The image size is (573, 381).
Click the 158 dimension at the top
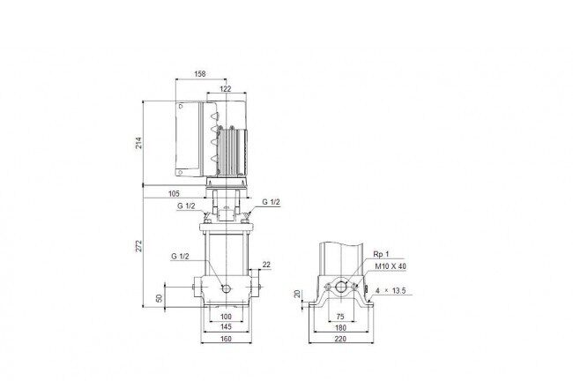(199, 74)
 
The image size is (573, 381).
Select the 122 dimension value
(226, 89)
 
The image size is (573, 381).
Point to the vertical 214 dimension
(138, 143)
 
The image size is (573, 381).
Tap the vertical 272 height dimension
(138, 246)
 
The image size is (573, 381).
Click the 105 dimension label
(174, 193)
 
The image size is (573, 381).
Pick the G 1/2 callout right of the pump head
(271, 202)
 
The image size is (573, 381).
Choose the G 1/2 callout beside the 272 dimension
(180, 257)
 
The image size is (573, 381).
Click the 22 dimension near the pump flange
(266, 265)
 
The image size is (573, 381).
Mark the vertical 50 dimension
(159, 298)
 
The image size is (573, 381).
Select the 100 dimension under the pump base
(227, 317)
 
